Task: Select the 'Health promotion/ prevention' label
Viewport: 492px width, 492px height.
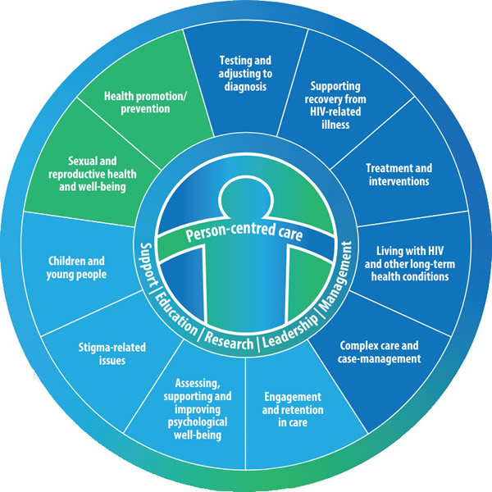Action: pos(146,101)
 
